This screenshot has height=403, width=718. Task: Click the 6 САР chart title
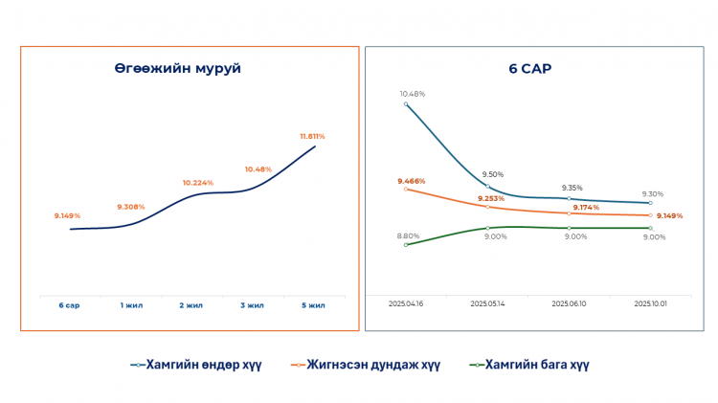529,69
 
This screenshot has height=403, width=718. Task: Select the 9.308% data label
130,207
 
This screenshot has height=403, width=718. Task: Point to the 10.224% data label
197,182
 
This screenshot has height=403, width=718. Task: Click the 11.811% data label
312,136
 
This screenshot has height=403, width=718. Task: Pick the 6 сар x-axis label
68,305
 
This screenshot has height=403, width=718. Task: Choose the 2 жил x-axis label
191,305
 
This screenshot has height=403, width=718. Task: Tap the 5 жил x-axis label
313,305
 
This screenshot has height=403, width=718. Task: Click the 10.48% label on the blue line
413,94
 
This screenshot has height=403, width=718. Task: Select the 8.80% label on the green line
408,235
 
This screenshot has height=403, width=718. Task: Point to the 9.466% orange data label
412,180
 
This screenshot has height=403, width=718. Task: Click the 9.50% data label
492,174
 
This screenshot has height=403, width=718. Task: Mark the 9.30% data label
655,193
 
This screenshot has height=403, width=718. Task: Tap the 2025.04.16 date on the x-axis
406,303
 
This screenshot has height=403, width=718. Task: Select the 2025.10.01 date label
651,303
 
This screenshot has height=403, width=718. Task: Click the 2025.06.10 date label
570,303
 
